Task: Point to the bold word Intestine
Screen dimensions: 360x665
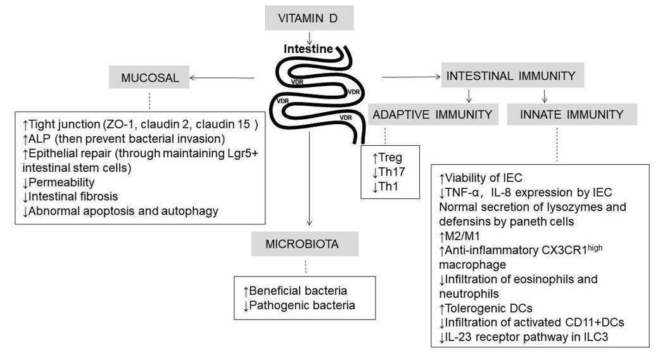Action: coord(304,47)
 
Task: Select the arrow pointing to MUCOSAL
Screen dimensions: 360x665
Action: coord(222,78)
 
